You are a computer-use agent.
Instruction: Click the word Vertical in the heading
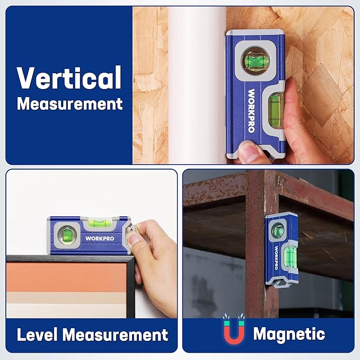point(69,77)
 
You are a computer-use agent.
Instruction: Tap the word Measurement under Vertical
point(69,103)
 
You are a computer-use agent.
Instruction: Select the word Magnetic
point(289,334)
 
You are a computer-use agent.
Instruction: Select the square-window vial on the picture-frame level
point(68,234)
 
